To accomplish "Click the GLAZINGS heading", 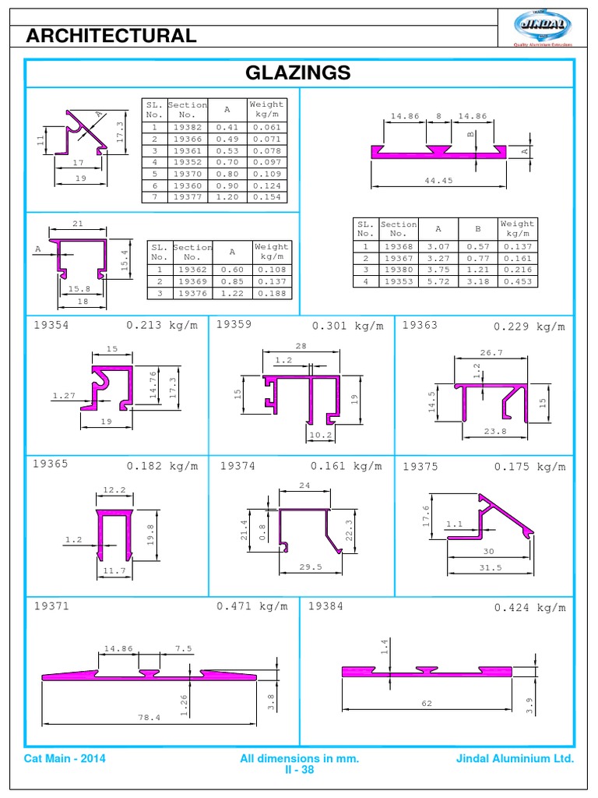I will pyautogui.click(x=299, y=73).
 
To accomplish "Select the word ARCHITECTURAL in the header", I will pyautogui.click(x=111, y=35).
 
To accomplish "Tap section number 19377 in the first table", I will pyautogui.click(x=188, y=198).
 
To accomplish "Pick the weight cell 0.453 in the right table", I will pyautogui.click(x=517, y=281).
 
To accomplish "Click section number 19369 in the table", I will pyautogui.click(x=193, y=281).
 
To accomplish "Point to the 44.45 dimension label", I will pyautogui.click(x=438, y=180).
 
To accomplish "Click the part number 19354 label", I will pyautogui.click(x=51, y=326).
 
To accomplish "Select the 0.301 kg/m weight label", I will pyautogui.click(x=348, y=326).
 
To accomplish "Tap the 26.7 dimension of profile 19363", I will pyautogui.click(x=491, y=352).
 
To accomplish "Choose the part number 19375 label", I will pyautogui.click(x=420, y=467).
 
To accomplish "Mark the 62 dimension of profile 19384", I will pyautogui.click(x=427, y=703).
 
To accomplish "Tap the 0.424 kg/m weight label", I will pyautogui.click(x=530, y=608).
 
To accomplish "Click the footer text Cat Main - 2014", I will pyautogui.click(x=65, y=758).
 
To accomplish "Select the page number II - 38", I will pyautogui.click(x=299, y=769).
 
